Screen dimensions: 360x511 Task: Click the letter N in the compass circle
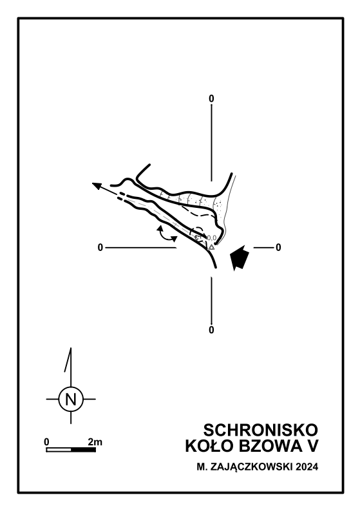(71, 399)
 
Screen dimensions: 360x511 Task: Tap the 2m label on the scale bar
(95, 442)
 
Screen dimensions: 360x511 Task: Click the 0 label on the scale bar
(46, 442)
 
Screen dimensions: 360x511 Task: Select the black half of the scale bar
(84, 450)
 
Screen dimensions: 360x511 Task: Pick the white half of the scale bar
(59, 450)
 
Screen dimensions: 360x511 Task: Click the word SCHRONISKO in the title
(261, 430)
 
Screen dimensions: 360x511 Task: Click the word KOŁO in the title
(210, 447)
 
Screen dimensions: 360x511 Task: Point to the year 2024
(307, 467)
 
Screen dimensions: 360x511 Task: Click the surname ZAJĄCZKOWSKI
(252, 468)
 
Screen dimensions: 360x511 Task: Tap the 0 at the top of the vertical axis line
(211, 98)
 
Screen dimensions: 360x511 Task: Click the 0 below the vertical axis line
(211, 330)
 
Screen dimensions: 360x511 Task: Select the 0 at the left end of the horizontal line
(100, 248)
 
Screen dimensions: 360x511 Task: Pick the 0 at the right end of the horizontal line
(278, 248)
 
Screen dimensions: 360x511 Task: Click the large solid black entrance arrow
(239, 257)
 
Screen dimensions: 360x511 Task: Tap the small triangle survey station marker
(211, 247)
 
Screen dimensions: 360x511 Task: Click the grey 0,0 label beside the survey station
(212, 237)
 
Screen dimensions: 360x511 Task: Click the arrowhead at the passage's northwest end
(97, 186)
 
